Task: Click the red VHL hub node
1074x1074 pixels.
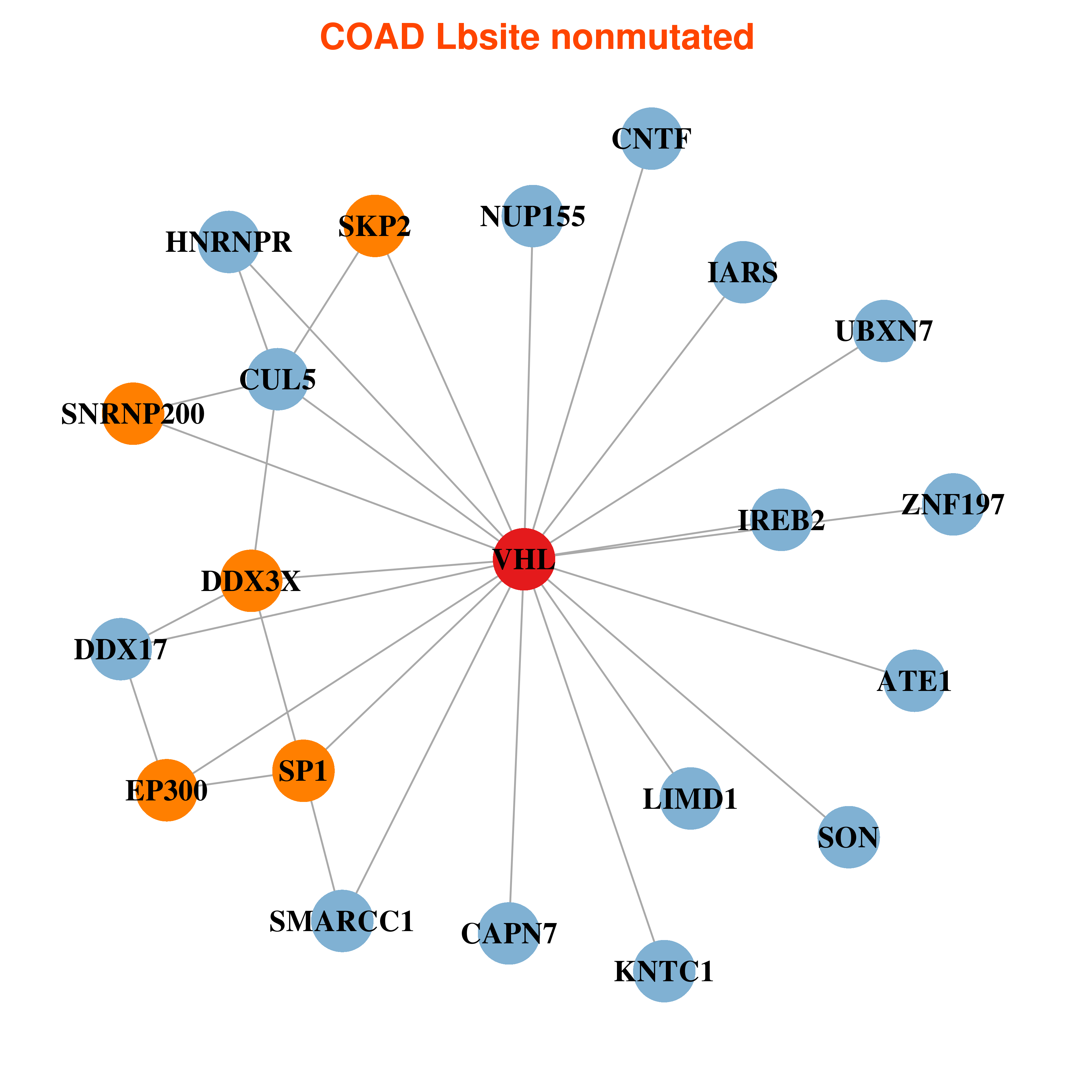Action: tap(524, 559)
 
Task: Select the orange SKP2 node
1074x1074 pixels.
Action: tap(375, 226)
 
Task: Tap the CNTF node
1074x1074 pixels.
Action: tap(652, 138)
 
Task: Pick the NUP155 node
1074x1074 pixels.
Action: tap(533, 216)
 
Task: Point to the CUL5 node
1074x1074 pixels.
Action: tap(277, 379)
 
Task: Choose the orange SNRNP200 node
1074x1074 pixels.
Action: tap(133, 413)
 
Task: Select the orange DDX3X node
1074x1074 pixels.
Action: tap(251, 581)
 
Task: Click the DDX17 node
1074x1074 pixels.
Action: tap(121, 649)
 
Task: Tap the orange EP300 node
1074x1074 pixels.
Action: tap(167, 790)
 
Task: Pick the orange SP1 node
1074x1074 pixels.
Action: tap(303, 771)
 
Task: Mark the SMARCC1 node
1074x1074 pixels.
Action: tap(342, 921)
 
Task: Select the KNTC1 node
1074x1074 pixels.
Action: tap(664, 971)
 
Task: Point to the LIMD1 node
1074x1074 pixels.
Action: tap(690, 798)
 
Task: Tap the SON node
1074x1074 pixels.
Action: tap(848, 837)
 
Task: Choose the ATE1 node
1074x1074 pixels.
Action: tap(914, 680)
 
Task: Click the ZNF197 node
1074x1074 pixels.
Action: tap(953, 504)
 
